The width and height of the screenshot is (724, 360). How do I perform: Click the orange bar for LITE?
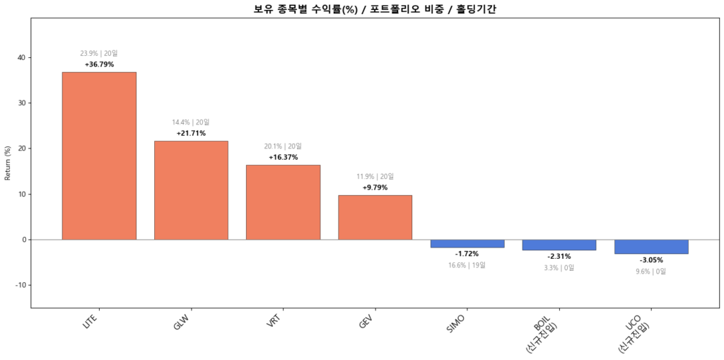(x=99, y=156)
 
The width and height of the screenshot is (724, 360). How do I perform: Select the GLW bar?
(x=191, y=190)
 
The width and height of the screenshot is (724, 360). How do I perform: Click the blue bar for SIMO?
(x=467, y=243)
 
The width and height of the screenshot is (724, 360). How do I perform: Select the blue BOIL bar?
(x=559, y=245)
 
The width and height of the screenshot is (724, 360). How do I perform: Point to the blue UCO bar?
(x=651, y=246)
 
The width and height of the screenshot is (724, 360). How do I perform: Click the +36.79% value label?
(x=99, y=64)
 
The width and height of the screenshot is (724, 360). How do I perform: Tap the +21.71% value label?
(x=191, y=133)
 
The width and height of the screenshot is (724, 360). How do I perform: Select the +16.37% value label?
(x=283, y=157)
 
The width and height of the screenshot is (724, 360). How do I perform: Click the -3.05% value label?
(x=651, y=260)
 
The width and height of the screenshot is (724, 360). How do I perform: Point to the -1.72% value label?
(x=467, y=254)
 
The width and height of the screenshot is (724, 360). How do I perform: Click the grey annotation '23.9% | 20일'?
(x=99, y=53)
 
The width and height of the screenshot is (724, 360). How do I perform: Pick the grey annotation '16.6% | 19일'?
(x=467, y=265)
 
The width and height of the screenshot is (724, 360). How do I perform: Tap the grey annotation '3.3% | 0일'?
(x=559, y=267)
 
